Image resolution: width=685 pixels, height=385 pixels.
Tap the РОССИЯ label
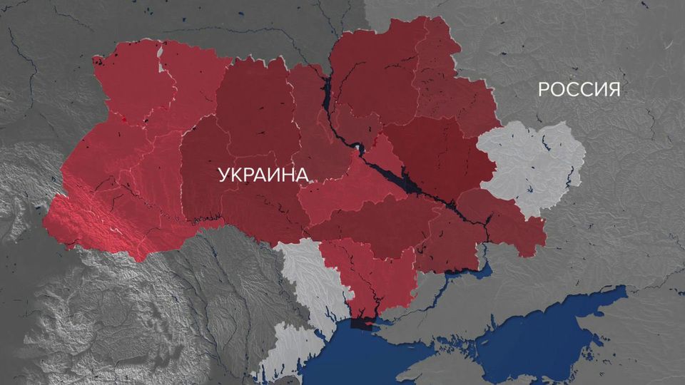[579, 90]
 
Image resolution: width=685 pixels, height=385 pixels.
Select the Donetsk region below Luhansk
[507, 221]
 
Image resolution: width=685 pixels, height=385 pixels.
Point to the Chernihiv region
[375, 71]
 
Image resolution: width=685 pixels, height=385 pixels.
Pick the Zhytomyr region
[253, 107]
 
